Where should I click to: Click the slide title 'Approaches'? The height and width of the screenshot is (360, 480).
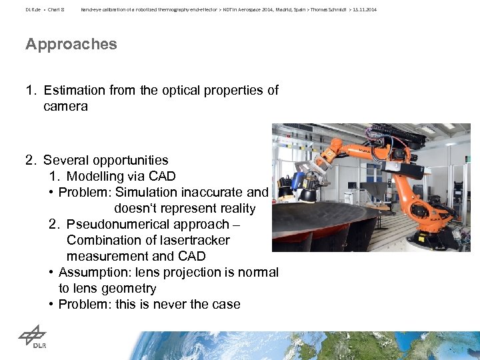click(71, 45)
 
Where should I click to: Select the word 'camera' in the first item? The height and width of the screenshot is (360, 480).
click(65, 106)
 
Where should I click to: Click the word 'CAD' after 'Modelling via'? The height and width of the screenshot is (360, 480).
click(162, 176)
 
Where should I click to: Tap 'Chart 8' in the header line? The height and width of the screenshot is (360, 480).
click(55, 9)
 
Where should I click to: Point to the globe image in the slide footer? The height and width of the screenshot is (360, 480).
click(267, 347)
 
